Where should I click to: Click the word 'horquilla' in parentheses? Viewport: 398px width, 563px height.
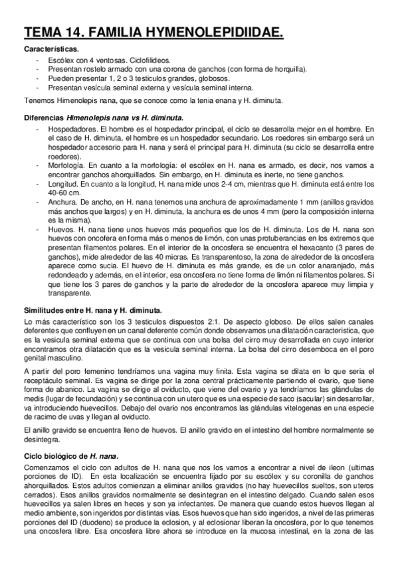(x=290, y=69)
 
